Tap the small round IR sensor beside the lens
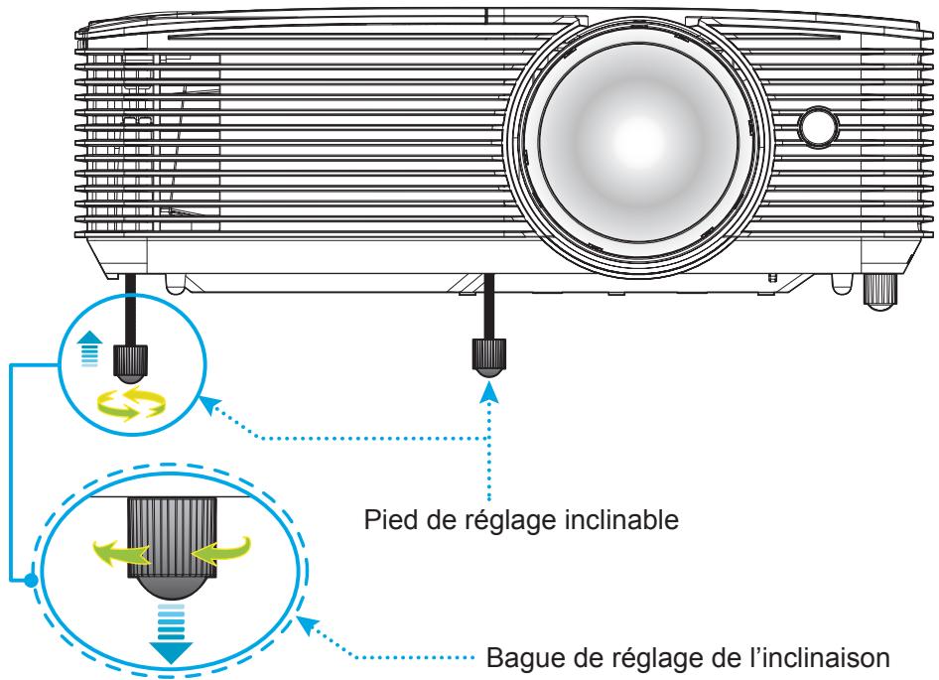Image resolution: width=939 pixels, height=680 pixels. point(818,126)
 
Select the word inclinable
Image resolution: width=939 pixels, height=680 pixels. point(621,519)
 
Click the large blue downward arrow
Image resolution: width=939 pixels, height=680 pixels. point(171,634)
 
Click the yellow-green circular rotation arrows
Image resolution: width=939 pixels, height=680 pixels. point(132,403)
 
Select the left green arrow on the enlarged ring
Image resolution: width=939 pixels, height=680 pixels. point(120,552)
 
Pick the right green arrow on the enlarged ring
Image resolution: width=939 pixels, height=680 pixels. point(220,551)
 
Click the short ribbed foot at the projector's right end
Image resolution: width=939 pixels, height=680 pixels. point(879,292)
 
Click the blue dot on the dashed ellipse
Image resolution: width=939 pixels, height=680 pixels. point(31,580)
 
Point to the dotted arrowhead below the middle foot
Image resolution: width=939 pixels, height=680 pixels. point(490,392)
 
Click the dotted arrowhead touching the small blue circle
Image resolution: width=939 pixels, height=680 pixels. point(207,405)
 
